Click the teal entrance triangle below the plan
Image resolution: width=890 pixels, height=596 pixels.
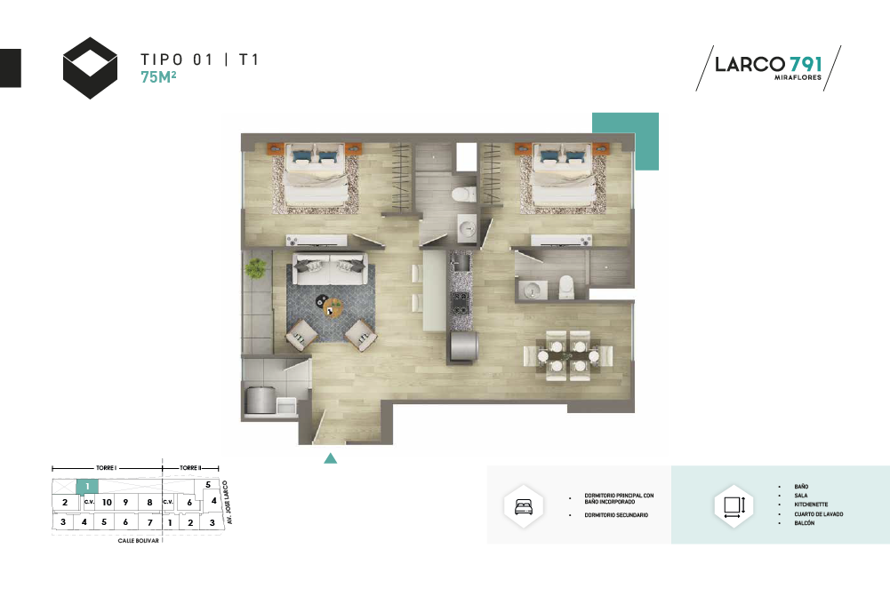click(x=331, y=458)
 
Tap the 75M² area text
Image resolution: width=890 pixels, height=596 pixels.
click(x=158, y=76)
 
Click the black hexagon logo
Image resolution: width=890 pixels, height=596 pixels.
click(x=91, y=68)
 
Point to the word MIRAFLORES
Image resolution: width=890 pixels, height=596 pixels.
click(x=798, y=77)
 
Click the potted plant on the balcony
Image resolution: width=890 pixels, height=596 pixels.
click(x=255, y=267)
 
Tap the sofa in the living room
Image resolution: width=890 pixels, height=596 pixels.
click(x=330, y=268)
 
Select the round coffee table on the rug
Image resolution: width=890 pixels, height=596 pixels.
click(x=333, y=306)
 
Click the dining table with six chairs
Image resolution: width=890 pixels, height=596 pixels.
click(x=567, y=355)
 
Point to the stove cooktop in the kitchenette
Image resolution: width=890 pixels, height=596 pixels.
click(x=460, y=302)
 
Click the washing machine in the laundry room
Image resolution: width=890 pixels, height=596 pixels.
click(x=260, y=399)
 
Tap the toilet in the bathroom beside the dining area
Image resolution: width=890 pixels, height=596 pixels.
click(x=566, y=287)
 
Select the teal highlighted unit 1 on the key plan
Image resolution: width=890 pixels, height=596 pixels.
click(x=87, y=487)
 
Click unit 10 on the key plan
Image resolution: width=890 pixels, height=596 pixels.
click(x=107, y=502)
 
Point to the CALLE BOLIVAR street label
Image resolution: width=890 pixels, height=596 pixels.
click(x=139, y=540)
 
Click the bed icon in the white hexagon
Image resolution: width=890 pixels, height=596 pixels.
click(x=524, y=505)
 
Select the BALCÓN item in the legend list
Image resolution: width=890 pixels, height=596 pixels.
click(x=805, y=523)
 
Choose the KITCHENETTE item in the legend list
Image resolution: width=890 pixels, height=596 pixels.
click(x=811, y=505)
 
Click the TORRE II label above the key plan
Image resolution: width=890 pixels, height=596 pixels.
click(x=190, y=468)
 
